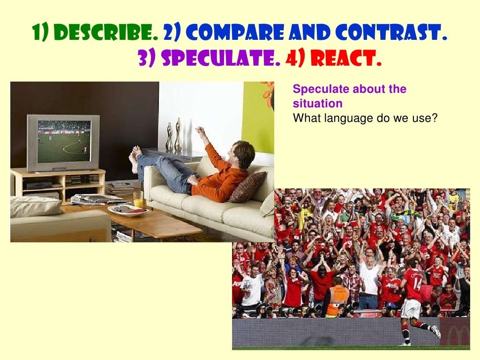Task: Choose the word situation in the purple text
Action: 317,103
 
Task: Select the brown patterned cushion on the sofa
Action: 247,187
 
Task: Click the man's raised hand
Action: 201,131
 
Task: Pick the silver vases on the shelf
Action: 174,136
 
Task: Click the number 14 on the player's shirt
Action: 417,283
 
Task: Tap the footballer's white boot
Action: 436,332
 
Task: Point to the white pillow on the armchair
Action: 36,206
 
